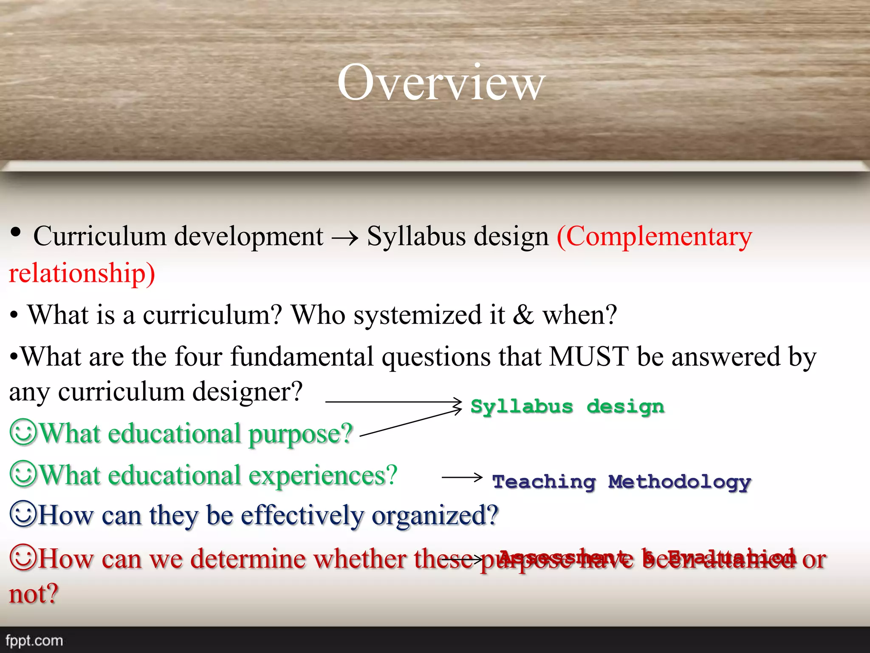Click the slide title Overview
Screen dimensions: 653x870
click(441, 83)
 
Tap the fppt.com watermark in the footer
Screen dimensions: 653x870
click(34, 640)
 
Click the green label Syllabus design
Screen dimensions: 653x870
click(567, 407)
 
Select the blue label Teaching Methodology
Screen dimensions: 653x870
click(621, 482)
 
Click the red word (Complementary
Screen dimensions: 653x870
click(654, 236)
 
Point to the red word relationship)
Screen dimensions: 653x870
click(82, 273)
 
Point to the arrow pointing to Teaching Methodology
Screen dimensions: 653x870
click(462, 477)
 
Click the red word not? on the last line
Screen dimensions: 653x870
click(34, 594)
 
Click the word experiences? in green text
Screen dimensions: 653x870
click(323, 475)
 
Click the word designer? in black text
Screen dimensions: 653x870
click(247, 392)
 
